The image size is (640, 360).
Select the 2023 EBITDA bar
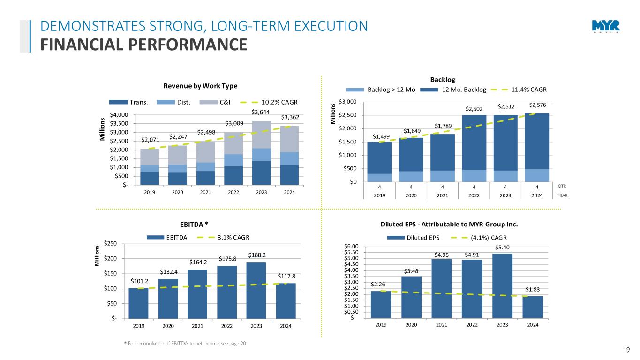point(256,290)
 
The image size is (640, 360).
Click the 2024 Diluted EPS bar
point(533,307)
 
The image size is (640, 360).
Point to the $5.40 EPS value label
point(502,247)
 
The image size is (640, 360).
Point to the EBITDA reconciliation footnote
point(184,344)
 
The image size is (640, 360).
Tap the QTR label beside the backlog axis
point(563,186)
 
